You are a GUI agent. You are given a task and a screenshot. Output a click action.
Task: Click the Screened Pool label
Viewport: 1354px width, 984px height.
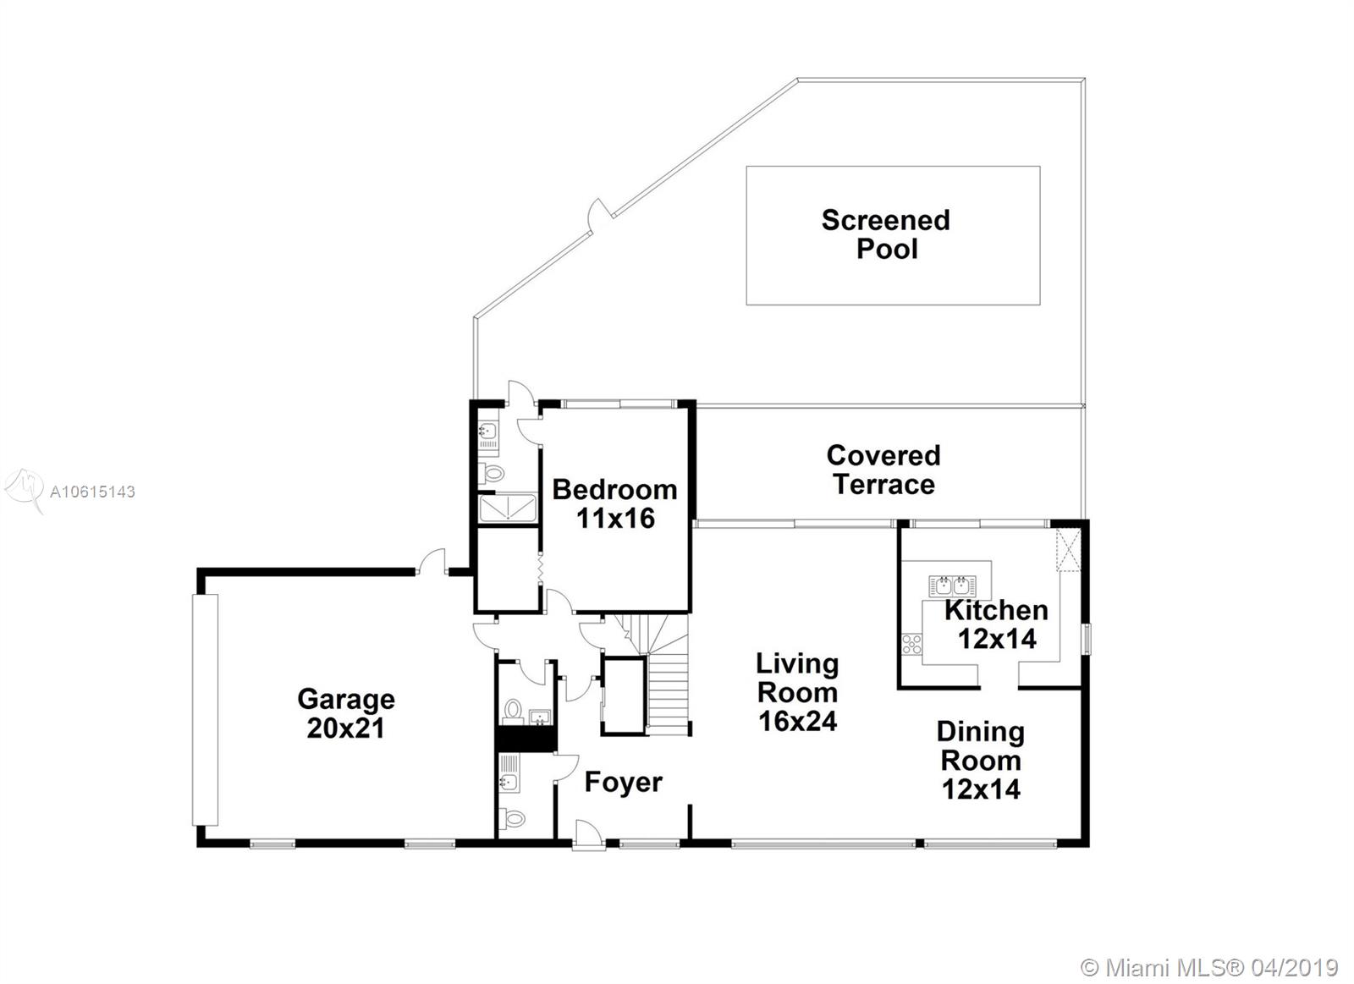[885, 234]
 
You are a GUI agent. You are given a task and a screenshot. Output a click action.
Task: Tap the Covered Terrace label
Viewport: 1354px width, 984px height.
[883, 470]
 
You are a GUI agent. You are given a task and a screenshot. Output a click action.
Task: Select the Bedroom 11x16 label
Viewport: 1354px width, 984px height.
[614, 503]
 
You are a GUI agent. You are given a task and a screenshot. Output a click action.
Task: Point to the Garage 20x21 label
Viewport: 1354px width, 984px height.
[346, 713]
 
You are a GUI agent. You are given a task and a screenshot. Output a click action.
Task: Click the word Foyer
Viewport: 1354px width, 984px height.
[623, 782]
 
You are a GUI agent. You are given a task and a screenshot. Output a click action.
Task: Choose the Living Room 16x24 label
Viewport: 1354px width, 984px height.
[797, 692]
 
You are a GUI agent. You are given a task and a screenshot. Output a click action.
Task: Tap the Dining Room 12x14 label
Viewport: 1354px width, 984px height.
[981, 761]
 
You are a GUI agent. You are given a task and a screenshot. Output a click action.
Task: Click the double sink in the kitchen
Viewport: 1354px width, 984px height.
[952, 585]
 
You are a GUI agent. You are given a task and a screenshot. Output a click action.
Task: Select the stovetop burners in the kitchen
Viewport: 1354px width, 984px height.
[912, 645]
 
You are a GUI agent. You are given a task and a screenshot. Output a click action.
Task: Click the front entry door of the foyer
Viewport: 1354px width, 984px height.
[589, 836]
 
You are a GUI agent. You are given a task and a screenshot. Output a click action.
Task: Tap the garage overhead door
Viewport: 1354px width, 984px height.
[205, 710]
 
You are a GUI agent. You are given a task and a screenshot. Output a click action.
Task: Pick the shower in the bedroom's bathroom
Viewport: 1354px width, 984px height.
[508, 508]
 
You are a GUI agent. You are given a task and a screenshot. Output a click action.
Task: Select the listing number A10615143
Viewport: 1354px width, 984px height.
[92, 492]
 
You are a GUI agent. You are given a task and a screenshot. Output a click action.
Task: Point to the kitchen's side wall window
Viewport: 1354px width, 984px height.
[1087, 639]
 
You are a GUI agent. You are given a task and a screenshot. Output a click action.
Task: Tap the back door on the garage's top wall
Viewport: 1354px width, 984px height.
[431, 562]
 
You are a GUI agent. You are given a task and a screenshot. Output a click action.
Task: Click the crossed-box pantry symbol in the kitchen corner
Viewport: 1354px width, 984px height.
[1068, 549]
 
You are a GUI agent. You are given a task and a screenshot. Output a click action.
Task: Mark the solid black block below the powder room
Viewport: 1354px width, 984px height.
[526, 739]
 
